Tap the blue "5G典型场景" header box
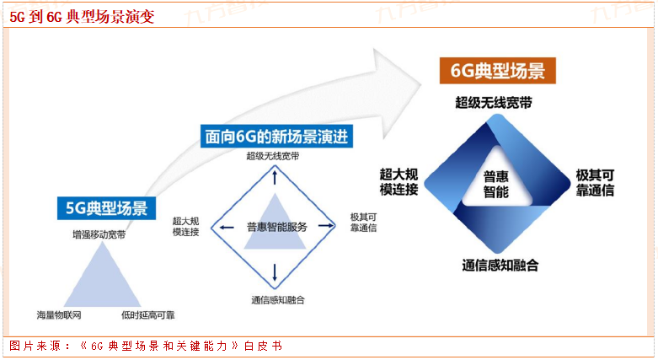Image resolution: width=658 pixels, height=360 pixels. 104,208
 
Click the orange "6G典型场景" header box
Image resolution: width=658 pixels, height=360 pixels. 498,71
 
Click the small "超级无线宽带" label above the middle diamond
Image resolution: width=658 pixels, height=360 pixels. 272,156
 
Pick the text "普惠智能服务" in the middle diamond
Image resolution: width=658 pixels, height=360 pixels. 276,227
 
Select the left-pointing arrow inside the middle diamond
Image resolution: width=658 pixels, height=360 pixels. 223,227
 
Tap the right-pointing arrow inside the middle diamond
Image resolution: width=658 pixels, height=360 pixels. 324,227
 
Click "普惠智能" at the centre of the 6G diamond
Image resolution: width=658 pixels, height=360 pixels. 496,184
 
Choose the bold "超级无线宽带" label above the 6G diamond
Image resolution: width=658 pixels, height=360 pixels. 494,103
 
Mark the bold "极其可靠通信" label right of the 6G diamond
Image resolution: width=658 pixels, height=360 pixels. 595,183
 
